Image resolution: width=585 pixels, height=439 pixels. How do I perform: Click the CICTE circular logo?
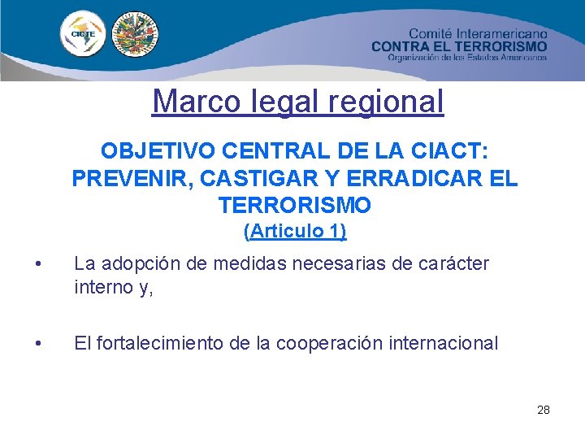(x=83, y=35)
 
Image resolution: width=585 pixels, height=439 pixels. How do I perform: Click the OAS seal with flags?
(x=135, y=35)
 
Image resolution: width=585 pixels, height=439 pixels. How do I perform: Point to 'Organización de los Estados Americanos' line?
(x=467, y=58)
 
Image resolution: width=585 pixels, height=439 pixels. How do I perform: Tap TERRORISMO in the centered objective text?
(x=294, y=204)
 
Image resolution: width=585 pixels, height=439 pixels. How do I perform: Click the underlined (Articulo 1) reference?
(x=295, y=232)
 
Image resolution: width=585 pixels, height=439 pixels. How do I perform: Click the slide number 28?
(x=544, y=410)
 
